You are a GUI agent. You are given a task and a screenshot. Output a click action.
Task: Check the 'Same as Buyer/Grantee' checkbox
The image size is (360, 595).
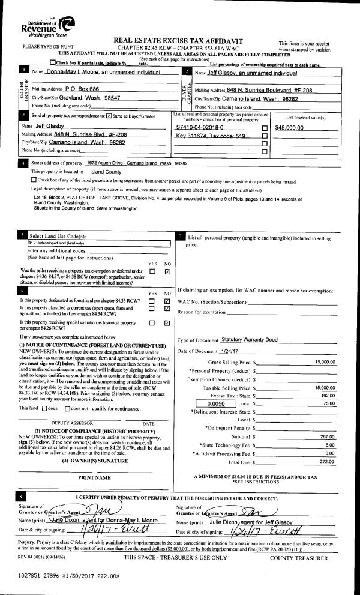click(109, 115)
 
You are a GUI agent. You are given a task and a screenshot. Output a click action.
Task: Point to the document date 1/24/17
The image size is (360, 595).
click(230, 351)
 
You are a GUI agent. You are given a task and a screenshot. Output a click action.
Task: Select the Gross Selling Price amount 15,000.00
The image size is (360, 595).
click(325, 363)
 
